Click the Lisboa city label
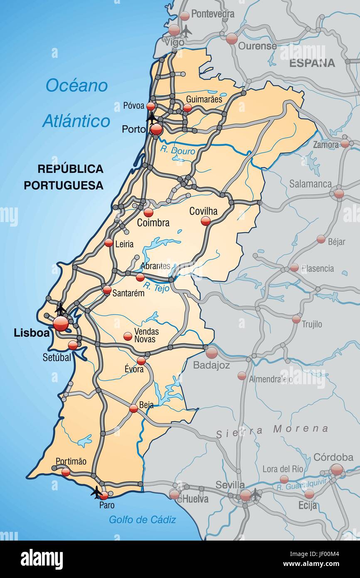tap(32, 333)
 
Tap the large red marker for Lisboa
tap(61, 323)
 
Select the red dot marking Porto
tap(156, 129)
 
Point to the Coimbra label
tap(153, 223)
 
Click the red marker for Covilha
tap(206, 221)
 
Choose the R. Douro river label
tap(178, 151)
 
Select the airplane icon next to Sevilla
tap(255, 494)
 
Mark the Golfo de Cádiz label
tap(142, 519)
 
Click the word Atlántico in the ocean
tap(76, 121)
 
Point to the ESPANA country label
tap(312, 63)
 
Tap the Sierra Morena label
tap(272, 430)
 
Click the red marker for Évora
tap(141, 361)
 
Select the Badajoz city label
tap(211, 365)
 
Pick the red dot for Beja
tap(133, 408)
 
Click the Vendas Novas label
tap(145, 336)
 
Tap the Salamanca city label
tap(310, 184)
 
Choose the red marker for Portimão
tap(66, 472)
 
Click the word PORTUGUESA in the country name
tap(63, 185)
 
